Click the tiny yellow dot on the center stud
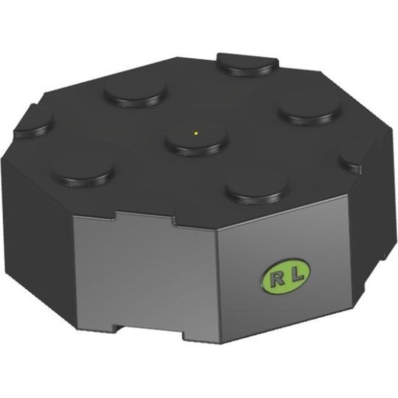click(196, 133)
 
